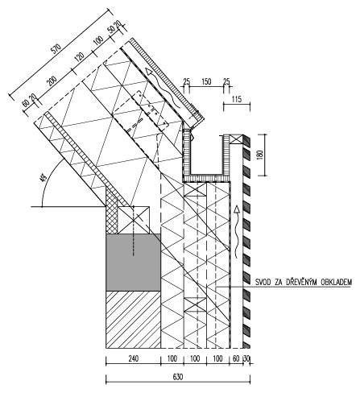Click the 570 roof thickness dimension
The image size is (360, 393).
[x=56, y=48]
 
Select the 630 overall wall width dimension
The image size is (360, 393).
[x=178, y=377]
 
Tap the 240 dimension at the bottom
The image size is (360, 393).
[x=133, y=358]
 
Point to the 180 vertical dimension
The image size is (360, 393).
[x=261, y=155]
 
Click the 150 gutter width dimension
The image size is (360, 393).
[x=206, y=81]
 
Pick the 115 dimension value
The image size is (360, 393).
[x=236, y=99]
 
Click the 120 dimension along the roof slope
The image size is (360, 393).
[x=79, y=58]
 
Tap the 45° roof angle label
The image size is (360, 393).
[x=43, y=178]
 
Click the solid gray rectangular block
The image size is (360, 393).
[x=133, y=262]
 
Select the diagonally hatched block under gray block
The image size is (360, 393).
[x=133, y=320]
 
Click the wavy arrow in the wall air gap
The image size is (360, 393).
[x=236, y=233]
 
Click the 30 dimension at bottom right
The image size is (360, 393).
[x=246, y=358]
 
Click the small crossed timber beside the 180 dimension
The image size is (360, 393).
[x=237, y=139]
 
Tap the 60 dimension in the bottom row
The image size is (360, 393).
[x=236, y=358]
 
